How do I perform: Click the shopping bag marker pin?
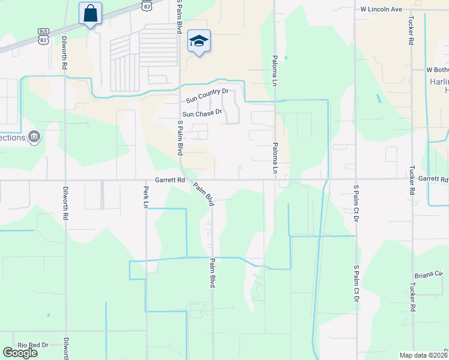[x=90, y=13]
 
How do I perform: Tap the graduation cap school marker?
[x=199, y=41]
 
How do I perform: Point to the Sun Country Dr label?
[x=207, y=91]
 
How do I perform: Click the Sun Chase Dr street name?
[x=202, y=113]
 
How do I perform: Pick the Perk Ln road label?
[x=145, y=196]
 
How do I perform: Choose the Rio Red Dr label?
[x=32, y=345]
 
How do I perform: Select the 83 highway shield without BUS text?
[x=147, y=4]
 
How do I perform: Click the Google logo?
[x=20, y=353]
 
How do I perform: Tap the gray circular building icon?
[x=35, y=138]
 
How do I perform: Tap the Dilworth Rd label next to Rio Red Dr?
[x=66, y=348]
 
